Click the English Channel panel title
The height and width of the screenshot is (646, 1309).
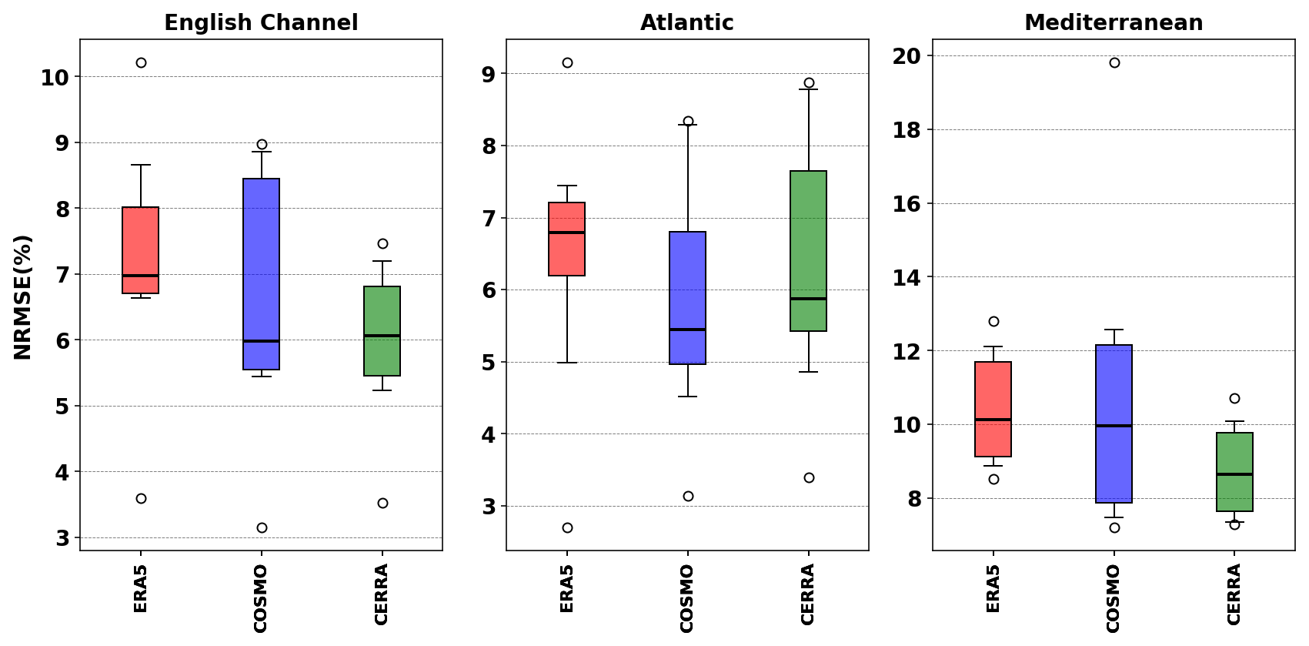click(x=261, y=23)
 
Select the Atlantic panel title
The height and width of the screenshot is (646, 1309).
click(x=686, y=23)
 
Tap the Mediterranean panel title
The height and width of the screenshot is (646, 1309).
click(x=1113, y=23)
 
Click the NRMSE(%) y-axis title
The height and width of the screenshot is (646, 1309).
click(x=23, y=296)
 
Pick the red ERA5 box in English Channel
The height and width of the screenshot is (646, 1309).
click(x=141, y=250)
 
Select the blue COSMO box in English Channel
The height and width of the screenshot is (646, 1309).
click(x=262, y=274)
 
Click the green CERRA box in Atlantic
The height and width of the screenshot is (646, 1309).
click(x=809, y=251)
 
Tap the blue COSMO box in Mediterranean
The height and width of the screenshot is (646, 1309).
click(x=1114, y=423)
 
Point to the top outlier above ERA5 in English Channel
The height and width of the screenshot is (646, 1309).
click(x=141, y=62)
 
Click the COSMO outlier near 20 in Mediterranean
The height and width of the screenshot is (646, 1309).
click(x=1114, y=62)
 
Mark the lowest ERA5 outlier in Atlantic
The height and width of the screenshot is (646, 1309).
click(x=567, y=527)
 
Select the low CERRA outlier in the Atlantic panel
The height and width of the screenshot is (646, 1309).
click(x=809, y=477)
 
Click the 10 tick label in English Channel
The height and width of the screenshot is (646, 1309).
click(x=55, y=77)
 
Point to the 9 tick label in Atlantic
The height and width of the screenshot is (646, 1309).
click(x=489, y=74)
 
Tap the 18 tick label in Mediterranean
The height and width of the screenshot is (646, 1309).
click(x=907, y=130)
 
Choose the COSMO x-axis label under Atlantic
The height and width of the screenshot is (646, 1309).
click(x=687, y=598)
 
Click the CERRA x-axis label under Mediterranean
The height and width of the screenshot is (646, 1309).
click(x=1234, y=594)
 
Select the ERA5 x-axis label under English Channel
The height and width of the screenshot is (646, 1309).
click(x=141, y=588)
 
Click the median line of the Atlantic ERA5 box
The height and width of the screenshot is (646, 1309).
click(x=567, y=233)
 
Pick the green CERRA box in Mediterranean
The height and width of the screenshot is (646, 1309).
click(x=1234, y=472)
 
